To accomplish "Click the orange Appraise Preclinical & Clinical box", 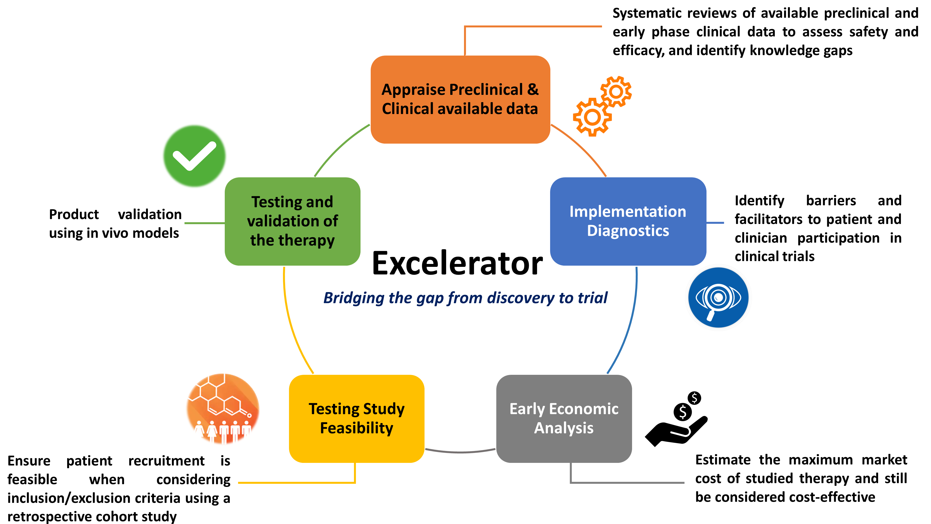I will click(x=460, y=99).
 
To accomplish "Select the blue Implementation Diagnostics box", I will click(x=628, y=221).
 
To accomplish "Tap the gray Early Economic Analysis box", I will click(x=564, y=418).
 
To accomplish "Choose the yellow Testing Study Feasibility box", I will click(x=356, y=418).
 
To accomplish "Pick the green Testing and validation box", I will click(x=292, y=221).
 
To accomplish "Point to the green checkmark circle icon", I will click(x=194, y=156).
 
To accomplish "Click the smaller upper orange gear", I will click(x=616, y=91).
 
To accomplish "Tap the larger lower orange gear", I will click(x=592, y=117).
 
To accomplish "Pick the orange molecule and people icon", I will click(x=223, y=409).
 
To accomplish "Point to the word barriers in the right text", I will click(x=831, y=201).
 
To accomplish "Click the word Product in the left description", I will click(x=74, y=214).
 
